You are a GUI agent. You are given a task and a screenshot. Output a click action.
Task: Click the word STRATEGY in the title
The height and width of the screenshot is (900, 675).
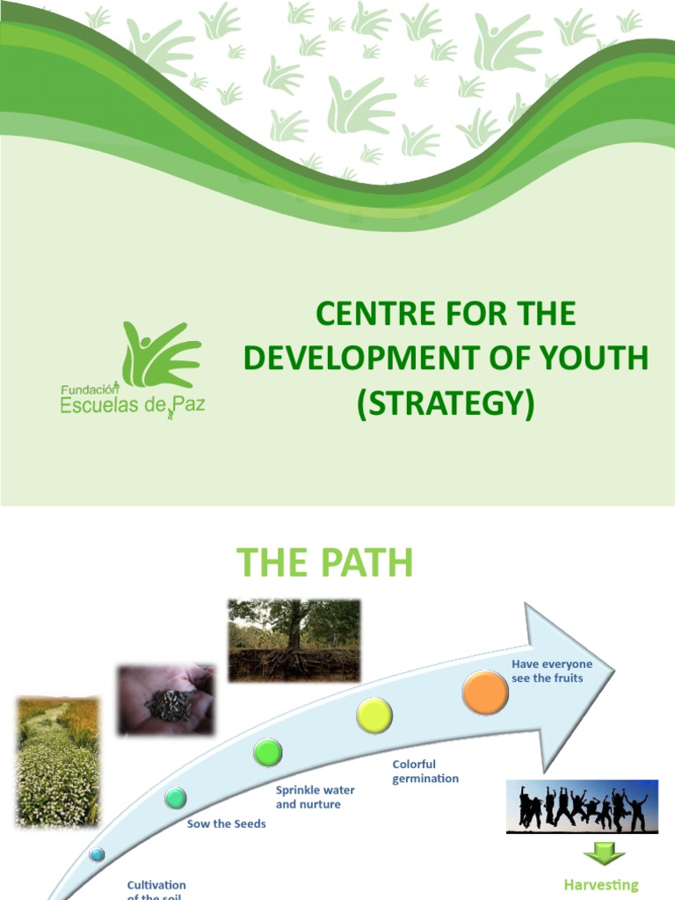click(x=446, y=403)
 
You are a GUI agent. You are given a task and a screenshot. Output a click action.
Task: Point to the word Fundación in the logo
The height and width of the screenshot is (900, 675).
click(x=89, y=388)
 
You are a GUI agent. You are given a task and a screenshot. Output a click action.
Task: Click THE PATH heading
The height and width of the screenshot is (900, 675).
click(x=324, y=562)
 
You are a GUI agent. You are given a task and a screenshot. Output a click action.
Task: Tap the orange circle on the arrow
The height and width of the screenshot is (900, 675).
click(x=485, y=692)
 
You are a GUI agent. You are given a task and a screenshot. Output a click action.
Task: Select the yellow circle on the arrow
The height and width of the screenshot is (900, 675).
click(x=374, y=715)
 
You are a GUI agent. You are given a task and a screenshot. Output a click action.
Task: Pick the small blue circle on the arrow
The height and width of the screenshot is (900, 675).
click(x=97, y=853)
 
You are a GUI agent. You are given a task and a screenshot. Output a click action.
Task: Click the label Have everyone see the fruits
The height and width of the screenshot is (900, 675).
click(x=552, y=671)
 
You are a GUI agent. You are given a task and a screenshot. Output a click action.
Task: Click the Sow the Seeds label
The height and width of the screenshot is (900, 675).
click(x=226, y=824)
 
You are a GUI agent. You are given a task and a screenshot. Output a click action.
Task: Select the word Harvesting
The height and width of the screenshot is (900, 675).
click(x=600, y=885)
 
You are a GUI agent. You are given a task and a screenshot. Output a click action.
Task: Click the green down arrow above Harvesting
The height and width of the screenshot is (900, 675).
click(x=604, y=853)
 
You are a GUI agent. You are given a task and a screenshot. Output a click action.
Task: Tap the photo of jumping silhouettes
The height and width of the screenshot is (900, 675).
click(x=582, y=806)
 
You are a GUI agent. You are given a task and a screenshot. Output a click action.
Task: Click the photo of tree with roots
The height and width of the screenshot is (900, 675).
click(x=294, y=640)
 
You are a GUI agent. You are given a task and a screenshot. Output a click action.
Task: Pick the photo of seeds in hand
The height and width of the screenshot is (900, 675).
click(x=166, y=700)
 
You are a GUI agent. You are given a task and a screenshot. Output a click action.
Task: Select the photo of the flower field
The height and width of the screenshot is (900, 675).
click(x=57, y=762)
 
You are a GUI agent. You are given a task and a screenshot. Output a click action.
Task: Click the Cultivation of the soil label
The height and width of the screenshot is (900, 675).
click(x=156, y=889)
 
